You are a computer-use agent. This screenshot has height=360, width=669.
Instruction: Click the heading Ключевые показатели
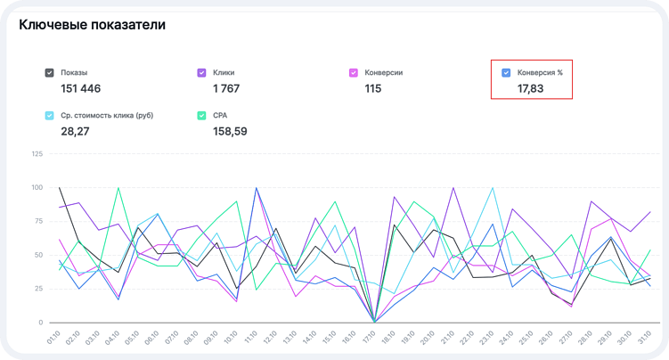point(92,25)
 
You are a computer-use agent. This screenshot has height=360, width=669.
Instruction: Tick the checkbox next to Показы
point(50,72)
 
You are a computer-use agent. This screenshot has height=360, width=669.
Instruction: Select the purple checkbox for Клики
point(202,72)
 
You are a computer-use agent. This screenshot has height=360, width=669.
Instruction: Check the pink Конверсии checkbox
point(355,72)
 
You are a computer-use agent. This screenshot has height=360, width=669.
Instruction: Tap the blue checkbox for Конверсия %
point(506,72)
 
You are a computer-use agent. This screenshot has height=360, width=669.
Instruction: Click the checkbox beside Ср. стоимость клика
point(50,116)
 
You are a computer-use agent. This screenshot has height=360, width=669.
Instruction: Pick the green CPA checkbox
point(202,116)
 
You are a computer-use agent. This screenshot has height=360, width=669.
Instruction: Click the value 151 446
point(80,88)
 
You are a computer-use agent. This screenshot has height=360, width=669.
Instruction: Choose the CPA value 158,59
point(230,132)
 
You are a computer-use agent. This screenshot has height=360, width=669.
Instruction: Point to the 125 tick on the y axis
point(37,154)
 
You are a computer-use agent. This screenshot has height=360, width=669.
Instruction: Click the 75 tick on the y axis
point(38,222)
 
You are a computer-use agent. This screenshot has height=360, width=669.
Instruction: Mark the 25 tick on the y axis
point(38,289)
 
